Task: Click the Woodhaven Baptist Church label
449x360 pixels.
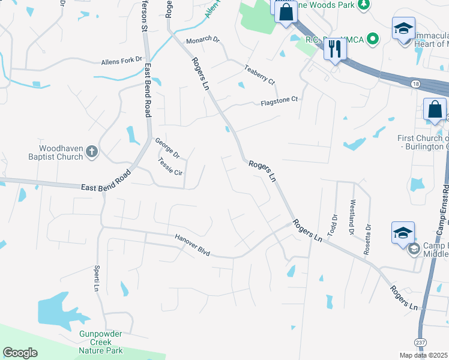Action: tap(61, 152)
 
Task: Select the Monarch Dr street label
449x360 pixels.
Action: tap(203, 40)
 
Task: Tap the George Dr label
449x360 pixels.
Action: tap(167, 148)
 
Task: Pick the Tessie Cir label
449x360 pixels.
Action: tap(169, 166)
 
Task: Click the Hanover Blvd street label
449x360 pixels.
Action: tap(192, 245)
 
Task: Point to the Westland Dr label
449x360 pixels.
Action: tap(352, 217)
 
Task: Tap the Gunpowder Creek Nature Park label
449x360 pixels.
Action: tap(101, 342)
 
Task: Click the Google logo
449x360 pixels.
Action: tap(20, 353)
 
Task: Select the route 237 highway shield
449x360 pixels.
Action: tap(420, 342)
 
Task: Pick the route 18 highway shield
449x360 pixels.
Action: tap(415, 85)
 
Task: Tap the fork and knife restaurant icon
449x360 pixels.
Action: tap(335, 49)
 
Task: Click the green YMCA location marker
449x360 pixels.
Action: tap(373, 40)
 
